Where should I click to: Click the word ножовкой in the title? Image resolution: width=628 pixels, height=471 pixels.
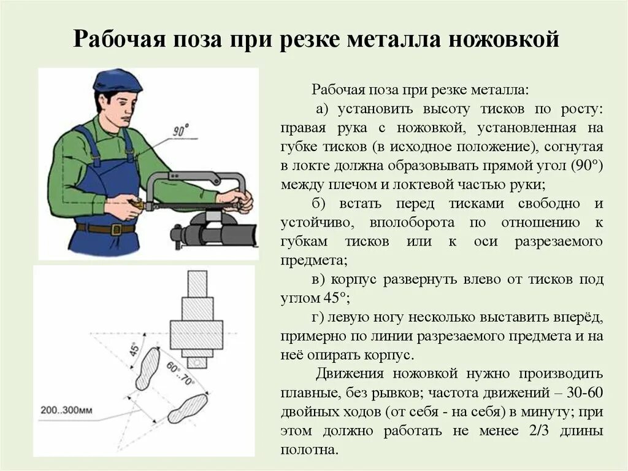504,39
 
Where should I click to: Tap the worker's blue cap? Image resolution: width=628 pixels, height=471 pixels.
117,80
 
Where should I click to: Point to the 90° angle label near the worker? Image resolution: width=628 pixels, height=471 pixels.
181,130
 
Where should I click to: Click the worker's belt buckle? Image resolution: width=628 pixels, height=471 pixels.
116,229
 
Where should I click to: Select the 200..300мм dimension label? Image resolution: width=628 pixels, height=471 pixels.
66,410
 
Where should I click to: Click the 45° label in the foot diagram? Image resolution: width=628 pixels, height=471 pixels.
134,349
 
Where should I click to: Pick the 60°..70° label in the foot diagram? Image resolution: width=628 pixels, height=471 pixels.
180,373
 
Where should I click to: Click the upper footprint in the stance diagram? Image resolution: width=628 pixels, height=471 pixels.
148,368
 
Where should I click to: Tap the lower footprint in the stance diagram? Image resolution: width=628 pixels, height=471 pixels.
188,408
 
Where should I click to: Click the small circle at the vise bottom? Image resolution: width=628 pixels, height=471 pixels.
197,362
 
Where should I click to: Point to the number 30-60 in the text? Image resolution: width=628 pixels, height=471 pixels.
584,392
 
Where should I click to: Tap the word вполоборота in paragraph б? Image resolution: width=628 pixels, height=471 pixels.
412,222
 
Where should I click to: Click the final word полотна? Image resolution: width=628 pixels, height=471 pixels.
309,450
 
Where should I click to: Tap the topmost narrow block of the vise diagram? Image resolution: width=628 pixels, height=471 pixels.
197,284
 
